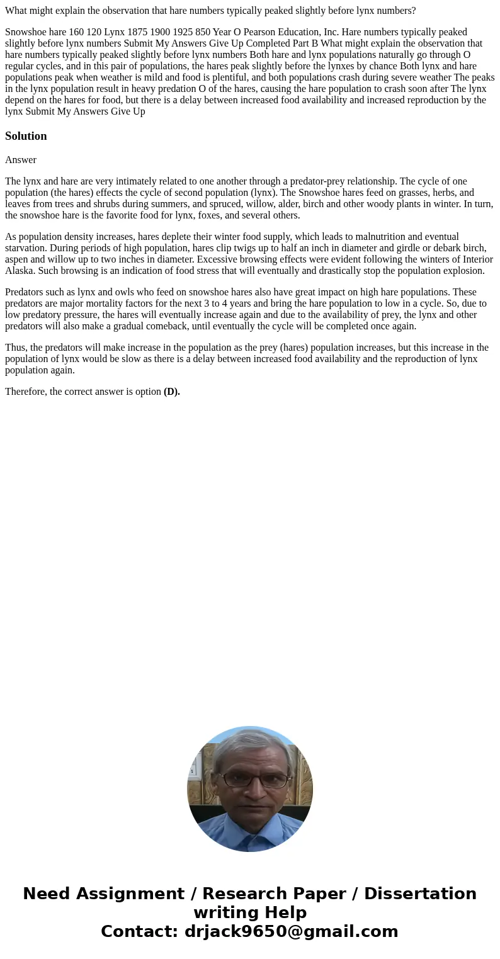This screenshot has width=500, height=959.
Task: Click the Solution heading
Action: click(26, 136)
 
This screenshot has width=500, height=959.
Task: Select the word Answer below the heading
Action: click(21, 160)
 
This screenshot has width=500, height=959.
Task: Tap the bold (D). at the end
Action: click(172, 392)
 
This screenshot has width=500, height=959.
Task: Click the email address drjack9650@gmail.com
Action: click(291, 931)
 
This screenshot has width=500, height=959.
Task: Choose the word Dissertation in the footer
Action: click(420, 894)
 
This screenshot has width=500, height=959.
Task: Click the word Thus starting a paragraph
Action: click(15, 348)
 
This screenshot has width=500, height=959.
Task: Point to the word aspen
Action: click(17, 259)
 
